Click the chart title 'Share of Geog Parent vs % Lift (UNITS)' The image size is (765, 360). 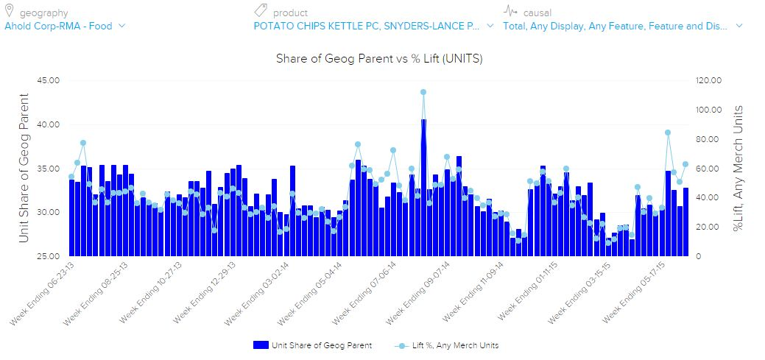coord(379,57)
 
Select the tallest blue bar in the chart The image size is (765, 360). coord(423,188)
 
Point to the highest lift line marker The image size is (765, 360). coord(423,93)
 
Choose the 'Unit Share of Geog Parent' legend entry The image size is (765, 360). coord(312,345)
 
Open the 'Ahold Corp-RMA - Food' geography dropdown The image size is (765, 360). coord(65,26)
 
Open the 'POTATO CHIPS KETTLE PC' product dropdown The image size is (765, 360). coord(373,26)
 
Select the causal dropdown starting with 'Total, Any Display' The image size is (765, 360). coord(622,26)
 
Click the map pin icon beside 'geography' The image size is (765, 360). coord(10,11)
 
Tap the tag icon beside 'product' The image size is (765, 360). coord(261,11)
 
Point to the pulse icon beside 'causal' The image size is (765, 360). coord(510,11)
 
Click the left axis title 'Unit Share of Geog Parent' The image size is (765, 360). coord(24,168)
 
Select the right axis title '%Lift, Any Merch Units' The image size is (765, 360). coord(738,168)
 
